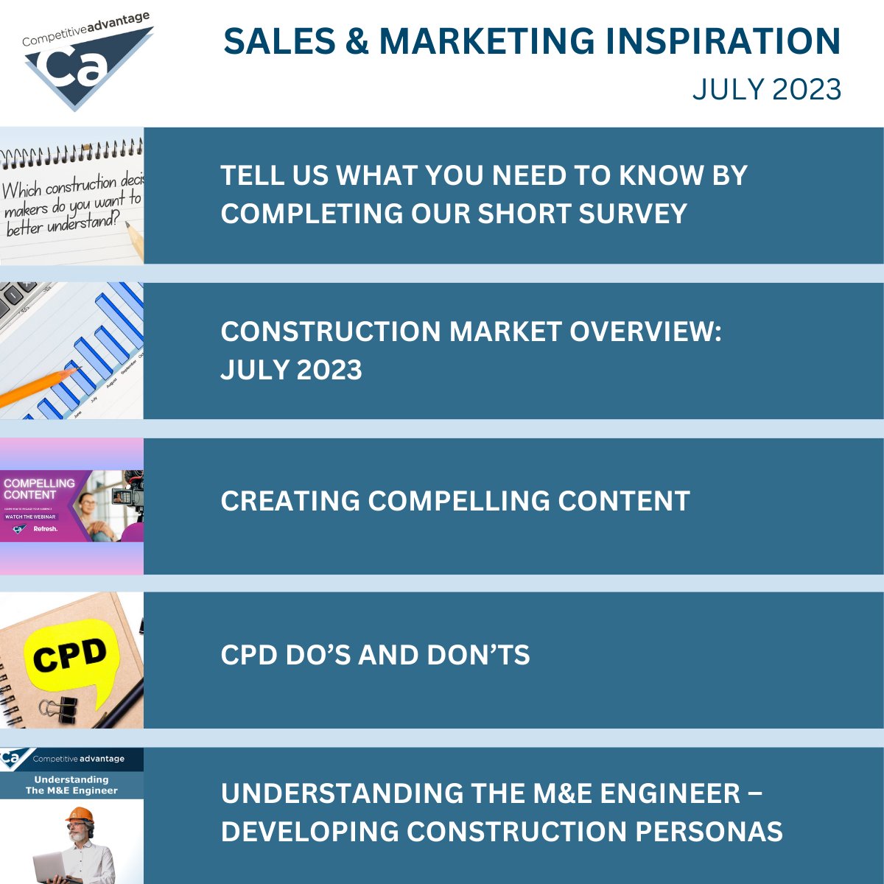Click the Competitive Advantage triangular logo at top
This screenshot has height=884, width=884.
[87, 63]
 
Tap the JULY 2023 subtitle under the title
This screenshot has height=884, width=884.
[766, 89]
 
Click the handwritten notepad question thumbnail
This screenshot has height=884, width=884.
[71, 196]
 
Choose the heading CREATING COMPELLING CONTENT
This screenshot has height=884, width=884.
[455, 501]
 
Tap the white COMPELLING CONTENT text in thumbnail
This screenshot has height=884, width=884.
[38, 489]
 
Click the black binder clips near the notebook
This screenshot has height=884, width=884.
[59, 709]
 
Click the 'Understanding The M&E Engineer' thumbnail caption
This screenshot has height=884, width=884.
[71, 785]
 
